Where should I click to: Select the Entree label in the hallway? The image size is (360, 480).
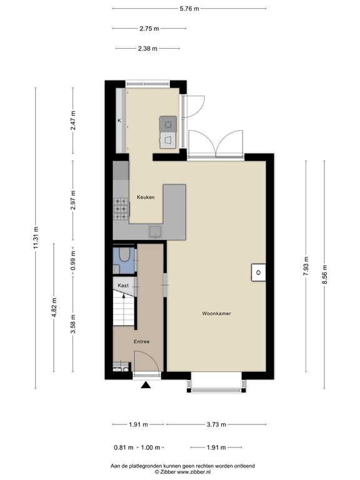coord(142,342)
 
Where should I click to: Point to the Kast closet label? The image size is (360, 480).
coord(124,286)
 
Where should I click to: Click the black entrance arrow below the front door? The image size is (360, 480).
coord(146,386)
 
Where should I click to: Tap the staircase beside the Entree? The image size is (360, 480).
coord(123,309)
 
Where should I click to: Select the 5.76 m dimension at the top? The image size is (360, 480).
coord(189,9)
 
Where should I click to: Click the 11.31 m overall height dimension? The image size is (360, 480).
coord(36,237)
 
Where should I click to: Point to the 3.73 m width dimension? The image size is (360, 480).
coord(215,425)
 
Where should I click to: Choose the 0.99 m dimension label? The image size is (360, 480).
coord(73,259)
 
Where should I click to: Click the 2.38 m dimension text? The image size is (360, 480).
coord(149,49)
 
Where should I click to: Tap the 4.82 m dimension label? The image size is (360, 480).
coord(54,307)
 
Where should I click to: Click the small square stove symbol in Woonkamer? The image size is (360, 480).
coord(257,272)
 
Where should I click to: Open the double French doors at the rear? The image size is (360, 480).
coord(215,142)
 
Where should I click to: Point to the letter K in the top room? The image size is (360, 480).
coord(119,120)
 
